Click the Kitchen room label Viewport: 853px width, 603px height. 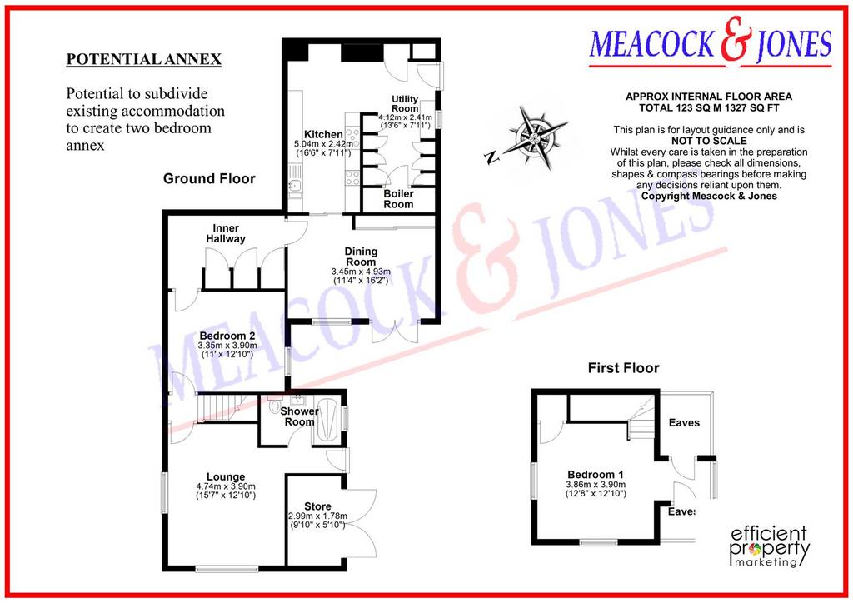[323, 134]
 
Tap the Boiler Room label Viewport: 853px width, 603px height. [399, 199]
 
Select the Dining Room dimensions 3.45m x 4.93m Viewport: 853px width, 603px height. [361, 272]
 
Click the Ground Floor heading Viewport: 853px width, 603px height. [209, 179]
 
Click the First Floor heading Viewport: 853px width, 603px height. [623, 368]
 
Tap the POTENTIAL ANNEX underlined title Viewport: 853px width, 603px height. [143, 59]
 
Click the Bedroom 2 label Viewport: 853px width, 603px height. [227, 336]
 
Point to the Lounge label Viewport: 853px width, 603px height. [226, 477]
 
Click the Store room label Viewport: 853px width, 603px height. [317, 506]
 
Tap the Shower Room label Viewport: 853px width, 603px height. [299, 416]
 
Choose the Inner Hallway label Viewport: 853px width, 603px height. [226, 233]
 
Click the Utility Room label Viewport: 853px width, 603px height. [406, 103]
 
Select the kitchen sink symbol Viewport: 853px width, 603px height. [294, 186]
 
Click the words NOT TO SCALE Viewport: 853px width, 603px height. [709, 141]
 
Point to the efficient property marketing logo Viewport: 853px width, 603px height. [769, 546]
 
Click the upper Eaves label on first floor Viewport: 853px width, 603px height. [684, 422]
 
